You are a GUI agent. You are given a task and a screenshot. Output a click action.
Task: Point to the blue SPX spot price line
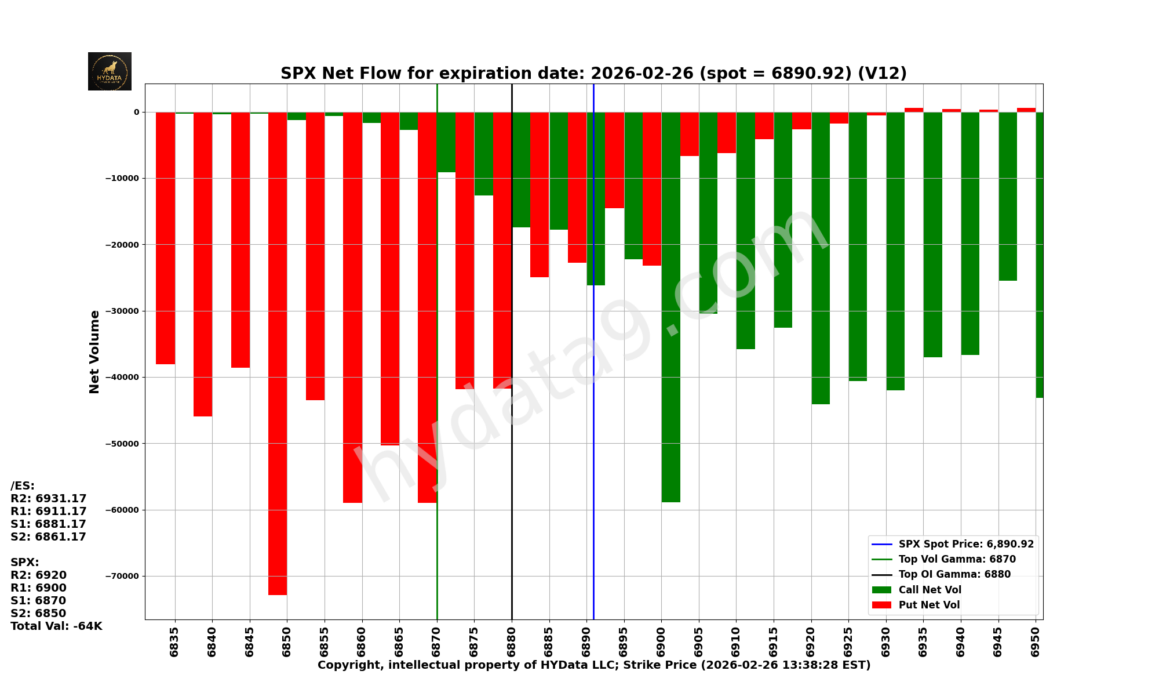[x=593, y=464]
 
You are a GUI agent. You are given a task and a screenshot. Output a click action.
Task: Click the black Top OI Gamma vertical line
[x=512, y=522]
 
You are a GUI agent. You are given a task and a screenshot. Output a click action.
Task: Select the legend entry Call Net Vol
[x=930, y=590]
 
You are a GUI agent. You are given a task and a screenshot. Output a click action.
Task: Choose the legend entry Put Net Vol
[x=929, y=605]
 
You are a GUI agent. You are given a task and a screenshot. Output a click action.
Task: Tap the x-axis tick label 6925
[x=848, y=641]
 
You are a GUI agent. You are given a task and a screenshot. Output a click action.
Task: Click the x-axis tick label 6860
[x=362, y=641]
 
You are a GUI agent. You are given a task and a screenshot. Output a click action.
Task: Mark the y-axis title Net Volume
[x=94, y=351]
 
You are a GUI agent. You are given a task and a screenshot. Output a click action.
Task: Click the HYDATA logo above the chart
[x=110, y=71]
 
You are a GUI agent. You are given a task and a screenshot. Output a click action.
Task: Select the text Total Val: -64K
[x=56, y=626]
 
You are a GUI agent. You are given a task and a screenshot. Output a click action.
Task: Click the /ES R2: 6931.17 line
[x=49, y=498]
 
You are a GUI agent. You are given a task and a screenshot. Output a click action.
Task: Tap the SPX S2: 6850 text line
[x=38, y=613]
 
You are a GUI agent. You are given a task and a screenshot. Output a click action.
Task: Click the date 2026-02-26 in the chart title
[x=642, y=74]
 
